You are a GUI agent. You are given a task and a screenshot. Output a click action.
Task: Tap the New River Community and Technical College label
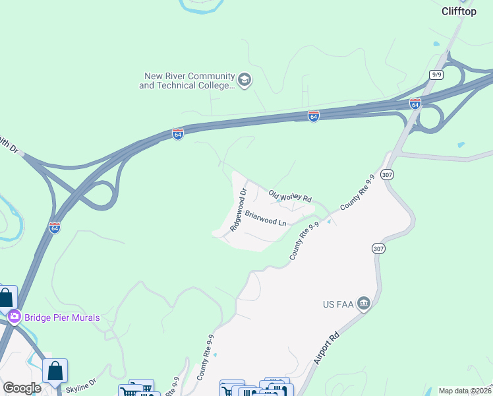click(x=187, y=81)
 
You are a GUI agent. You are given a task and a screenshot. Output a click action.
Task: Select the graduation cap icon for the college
click(x=244, y=81)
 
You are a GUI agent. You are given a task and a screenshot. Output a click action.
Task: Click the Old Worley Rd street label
click(x=290, y=196)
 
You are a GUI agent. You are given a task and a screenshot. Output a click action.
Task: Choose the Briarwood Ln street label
click(x=266, y=218)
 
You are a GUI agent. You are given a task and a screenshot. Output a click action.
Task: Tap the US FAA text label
click(x=338, y=304)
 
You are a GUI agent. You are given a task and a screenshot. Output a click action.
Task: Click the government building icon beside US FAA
click(x=363, y=304)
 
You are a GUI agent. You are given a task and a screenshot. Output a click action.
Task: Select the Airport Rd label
click(x=327, y=348)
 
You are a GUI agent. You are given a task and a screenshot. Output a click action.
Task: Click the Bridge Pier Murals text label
click(x=62, y=317)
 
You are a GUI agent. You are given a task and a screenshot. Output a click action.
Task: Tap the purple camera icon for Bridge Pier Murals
click(x=14, y=317)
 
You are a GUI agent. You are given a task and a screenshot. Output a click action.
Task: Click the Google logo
click(x=22, y=388)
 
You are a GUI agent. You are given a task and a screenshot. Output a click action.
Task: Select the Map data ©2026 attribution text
click(x=465, y=391)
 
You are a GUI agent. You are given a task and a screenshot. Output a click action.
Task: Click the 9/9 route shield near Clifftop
click(x=436, y=75)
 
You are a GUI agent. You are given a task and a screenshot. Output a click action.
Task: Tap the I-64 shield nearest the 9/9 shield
click(x=415, y=104)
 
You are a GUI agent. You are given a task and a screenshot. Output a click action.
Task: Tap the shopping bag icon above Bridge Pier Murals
click(x=6, y=298)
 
